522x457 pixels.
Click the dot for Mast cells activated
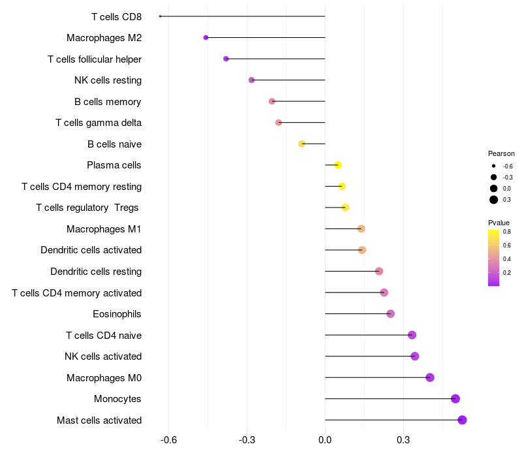(462, 420)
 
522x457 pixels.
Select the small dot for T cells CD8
(160, 16)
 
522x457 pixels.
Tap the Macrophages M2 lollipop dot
(206, 38)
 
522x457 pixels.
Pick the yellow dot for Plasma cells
(338, 165)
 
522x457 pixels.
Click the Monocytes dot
(455, 399)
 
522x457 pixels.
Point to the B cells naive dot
(302, 144)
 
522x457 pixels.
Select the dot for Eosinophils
(390, 314)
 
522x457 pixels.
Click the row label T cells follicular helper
(95, 59)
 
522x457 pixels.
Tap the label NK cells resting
(108, 80)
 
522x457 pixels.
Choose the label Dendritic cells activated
(91, 250)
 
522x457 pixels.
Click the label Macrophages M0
(104, 378)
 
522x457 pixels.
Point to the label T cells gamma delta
(99, 123)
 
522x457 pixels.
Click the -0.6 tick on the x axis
(168, 440)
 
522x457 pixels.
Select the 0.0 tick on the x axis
(325, 440)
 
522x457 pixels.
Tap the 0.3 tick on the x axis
(403, 440)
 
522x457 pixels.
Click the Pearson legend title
(501, 153)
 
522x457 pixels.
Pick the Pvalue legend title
(499, 223)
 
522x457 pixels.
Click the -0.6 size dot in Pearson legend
(494, 166)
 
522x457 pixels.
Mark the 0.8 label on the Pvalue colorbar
(507, 232)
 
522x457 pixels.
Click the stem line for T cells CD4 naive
(369, 335)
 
